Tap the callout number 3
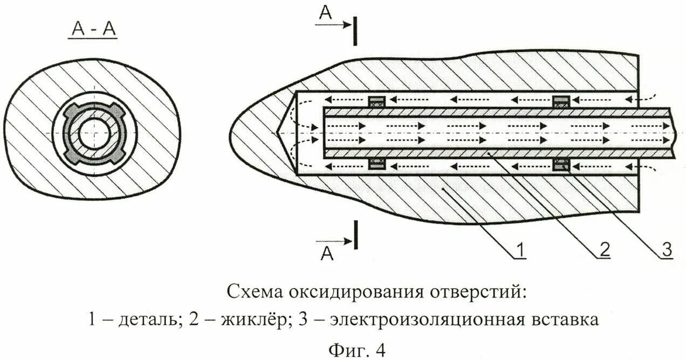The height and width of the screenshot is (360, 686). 667,250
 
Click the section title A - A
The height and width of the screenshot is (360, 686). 94,30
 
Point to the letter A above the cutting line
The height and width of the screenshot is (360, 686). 325,13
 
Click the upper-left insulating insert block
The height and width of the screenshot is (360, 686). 376,101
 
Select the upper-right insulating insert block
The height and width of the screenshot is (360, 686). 562,101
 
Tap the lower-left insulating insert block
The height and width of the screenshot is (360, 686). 376,165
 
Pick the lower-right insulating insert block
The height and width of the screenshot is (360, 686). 562,165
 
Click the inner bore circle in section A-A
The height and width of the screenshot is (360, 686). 94,133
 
